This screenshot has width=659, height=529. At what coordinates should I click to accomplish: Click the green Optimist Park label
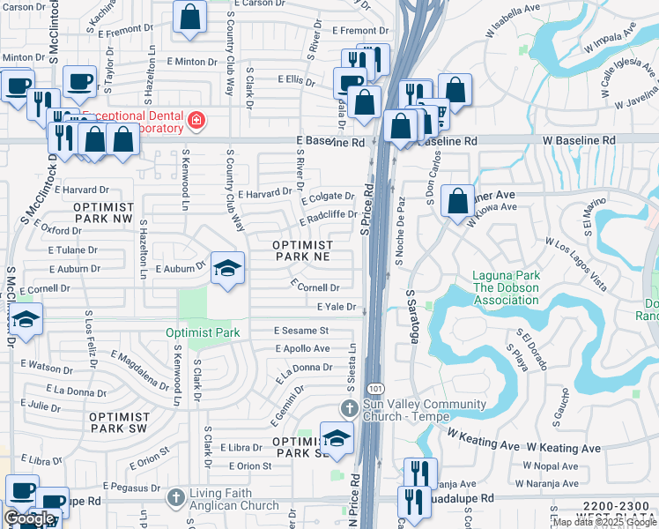click(203, 333)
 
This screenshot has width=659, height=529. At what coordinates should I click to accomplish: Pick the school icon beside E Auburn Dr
click(227, 269)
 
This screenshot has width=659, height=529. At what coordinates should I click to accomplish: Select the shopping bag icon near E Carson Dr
click(190, 17)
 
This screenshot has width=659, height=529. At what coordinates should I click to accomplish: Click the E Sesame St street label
click(300, 331)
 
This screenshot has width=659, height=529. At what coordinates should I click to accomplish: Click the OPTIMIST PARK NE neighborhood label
click(302, 251)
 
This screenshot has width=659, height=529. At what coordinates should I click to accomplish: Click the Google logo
click(29, 518)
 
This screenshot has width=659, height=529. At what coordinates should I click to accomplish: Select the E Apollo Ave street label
click(302, 349)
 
